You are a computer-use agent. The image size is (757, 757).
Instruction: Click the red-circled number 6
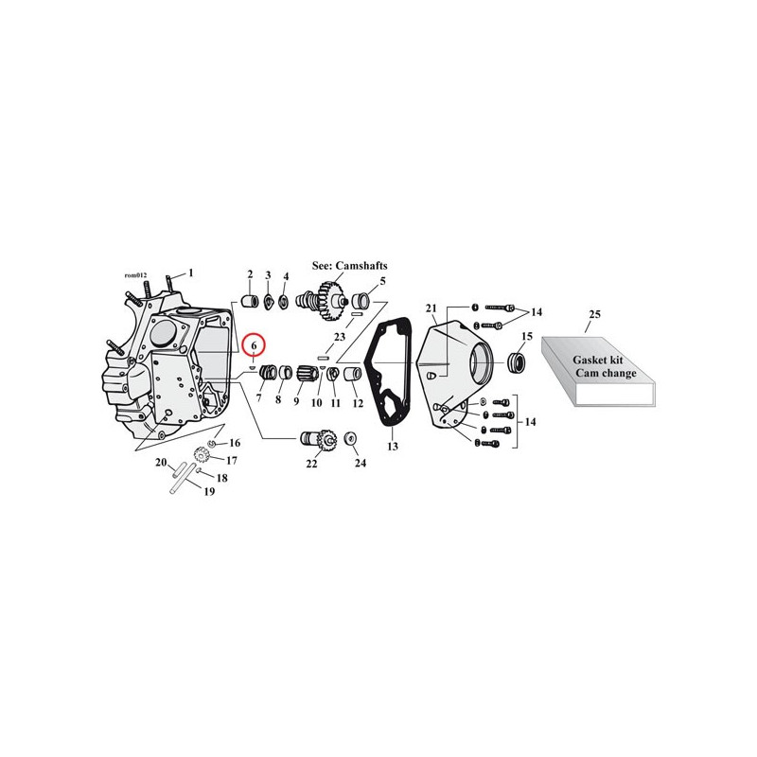click(x=254, y=345)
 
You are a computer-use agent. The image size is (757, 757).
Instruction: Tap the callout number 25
click(x=595, y=314)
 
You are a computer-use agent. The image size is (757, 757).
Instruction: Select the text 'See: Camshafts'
click(x=349, y=266)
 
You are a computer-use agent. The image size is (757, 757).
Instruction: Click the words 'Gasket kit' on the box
click(x=598, y=360)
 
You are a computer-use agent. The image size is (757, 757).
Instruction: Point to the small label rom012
click(x=135, y=275)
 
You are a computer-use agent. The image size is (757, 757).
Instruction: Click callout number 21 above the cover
click(x=431, y=308)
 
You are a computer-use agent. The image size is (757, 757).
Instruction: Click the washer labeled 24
click(x=350, y=439)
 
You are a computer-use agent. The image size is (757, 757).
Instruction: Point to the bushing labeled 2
click(x=250, y=302)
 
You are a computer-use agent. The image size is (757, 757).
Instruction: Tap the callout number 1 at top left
click(x=191, y=273)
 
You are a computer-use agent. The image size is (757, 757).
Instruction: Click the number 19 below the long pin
click(x=208, y=491)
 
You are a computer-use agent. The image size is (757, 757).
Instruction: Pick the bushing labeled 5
click(x=361, y=302)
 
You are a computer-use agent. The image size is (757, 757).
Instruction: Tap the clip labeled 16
click(x=211, y=443)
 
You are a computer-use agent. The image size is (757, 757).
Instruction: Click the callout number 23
click(x=340, y=337)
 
